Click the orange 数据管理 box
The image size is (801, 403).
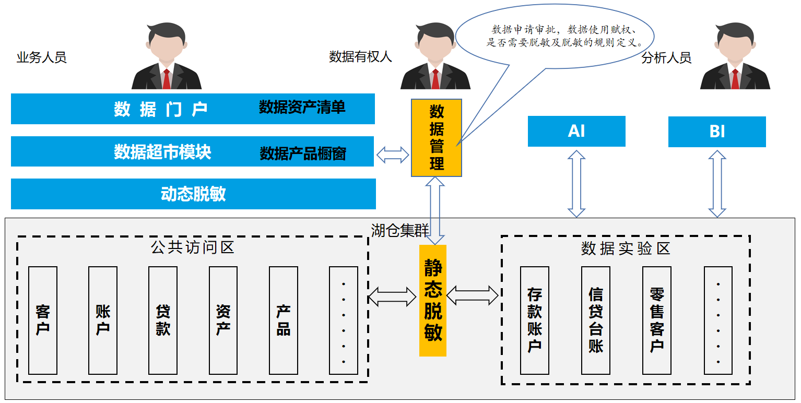click(437, 138)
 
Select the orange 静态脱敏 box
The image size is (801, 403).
click(433, 300)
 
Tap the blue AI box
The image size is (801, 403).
click(576, 131)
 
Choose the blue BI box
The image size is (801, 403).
click(717, 132)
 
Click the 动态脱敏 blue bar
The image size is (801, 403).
click(193, 194)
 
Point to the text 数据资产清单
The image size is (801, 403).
click(302, 108)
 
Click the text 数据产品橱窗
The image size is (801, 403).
click(303, 153)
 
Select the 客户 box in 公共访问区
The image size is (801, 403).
click(43, 320)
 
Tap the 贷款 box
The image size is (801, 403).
click(163, 320)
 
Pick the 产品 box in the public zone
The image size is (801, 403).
click(284, 320)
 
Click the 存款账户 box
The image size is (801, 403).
click(535, 320)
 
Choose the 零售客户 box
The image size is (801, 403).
click(657, 320)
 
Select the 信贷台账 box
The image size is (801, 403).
click(596, 320)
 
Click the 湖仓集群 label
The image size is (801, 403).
click(392, 230)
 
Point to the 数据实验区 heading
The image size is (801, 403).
click(625, 248)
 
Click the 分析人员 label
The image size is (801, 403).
click(666, 57)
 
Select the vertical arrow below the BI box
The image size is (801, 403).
click(717, 184)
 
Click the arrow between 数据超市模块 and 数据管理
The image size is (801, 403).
click(393, 154)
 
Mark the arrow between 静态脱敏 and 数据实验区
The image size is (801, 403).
click(473, 295)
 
